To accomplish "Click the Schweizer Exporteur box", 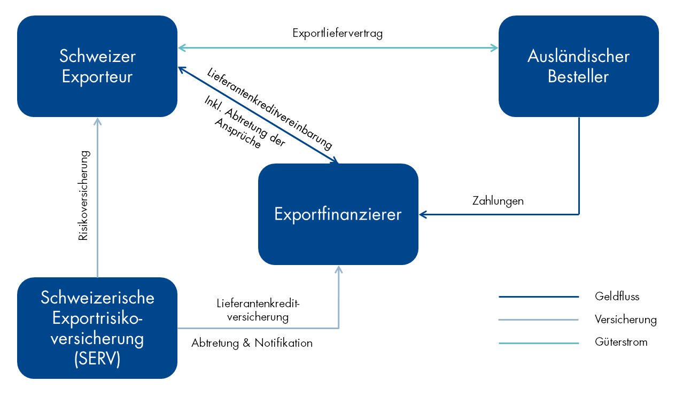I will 97,66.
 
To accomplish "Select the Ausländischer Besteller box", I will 578,66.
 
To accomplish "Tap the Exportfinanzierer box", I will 338,214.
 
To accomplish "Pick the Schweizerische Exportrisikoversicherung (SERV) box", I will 97,328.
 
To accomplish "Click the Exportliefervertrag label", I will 338,33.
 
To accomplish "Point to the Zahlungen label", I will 498,201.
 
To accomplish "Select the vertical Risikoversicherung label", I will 83,195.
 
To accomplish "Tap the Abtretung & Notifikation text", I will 252,343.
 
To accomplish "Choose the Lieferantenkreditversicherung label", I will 259,310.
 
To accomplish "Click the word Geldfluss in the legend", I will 617,296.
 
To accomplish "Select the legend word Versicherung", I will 625,320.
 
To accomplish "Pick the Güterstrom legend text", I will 620,342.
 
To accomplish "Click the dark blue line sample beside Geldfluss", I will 539,297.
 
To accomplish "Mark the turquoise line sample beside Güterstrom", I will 539,343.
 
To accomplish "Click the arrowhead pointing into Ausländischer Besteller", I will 494,48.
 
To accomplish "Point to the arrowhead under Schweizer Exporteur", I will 97,121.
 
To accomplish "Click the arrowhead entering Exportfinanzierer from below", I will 338,269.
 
